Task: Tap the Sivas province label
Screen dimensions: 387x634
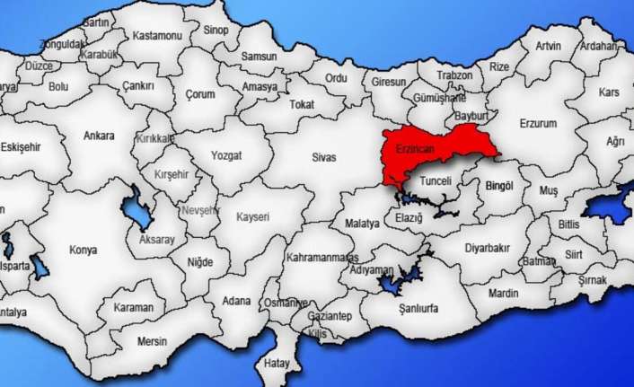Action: click(324, 157)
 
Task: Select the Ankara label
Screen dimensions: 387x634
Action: click(99, 136)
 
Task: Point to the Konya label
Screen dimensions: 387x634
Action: click(84, 250)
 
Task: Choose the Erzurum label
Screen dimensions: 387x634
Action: click(539, 123)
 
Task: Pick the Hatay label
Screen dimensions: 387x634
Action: click(277, 364)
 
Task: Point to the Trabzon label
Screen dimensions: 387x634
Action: click(453, 76)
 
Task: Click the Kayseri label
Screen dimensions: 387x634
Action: click(252, 217)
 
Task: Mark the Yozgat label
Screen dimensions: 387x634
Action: click(225, 156)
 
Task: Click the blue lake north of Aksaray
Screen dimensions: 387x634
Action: click(136, 213)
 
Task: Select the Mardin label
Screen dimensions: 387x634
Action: click(503, 294)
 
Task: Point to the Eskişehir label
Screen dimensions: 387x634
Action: click(20, 145)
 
